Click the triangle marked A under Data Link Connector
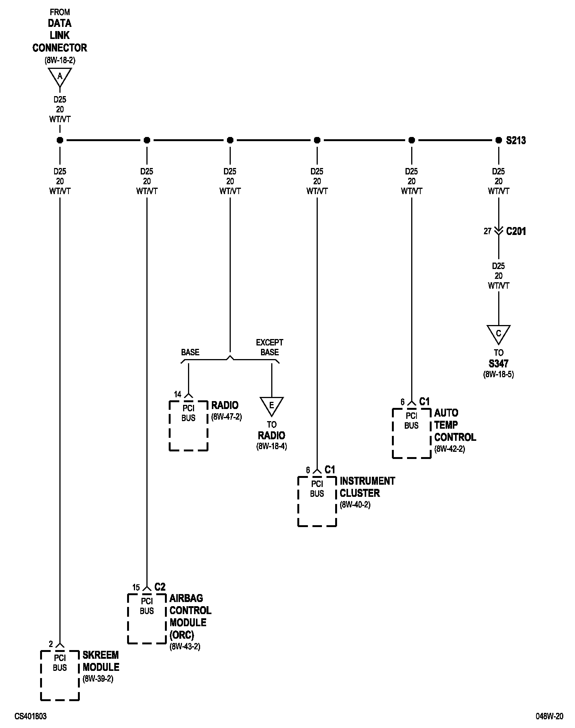60,77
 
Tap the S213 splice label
516,141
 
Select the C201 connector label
516,231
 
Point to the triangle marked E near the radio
271,406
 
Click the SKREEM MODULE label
101,661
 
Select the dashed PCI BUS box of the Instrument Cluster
317,501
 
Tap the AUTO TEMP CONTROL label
455,425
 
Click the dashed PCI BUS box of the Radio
188,425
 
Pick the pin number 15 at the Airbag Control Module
136,587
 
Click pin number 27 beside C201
487,231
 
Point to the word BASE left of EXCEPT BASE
190,352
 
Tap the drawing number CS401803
31,716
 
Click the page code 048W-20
549,716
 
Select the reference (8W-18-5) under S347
498,375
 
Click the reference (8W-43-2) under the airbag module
185,646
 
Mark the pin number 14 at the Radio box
177,395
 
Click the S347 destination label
498,364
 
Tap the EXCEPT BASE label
269,347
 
